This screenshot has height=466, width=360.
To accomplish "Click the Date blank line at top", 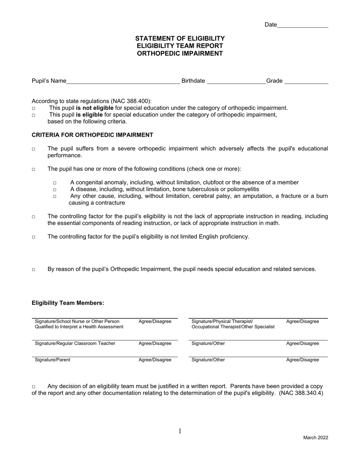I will pos(303,25).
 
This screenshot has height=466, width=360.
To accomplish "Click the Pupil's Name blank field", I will pos(123,81).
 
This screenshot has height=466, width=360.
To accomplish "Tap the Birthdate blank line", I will pos(236,81).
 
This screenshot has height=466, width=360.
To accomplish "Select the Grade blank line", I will pos(306,81).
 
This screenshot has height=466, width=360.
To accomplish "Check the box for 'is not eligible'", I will pos(33,108).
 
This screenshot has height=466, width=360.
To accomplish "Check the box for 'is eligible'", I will pos(33,115).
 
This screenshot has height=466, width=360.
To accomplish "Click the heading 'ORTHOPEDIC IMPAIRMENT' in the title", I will pos(180,53).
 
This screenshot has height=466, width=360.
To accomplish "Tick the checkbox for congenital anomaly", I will pos(55,183).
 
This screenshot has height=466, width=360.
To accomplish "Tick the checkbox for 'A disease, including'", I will pos(55,190).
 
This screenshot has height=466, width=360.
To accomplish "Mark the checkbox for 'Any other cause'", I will pos(55,197).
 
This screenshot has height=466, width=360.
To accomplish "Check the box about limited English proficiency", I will pos(33,237).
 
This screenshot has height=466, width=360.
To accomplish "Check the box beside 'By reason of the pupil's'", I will pos(33,270).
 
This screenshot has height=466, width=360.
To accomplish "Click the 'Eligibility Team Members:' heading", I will pos(68,303).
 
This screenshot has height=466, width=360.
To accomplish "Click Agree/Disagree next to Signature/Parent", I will pos(155,360).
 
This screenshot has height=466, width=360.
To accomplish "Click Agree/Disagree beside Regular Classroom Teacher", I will pos(155,344).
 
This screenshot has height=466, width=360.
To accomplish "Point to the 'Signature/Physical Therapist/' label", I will pos(222,322).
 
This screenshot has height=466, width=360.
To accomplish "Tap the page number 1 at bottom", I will pos(180,431).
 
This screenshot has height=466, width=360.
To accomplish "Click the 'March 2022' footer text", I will pos(315,438).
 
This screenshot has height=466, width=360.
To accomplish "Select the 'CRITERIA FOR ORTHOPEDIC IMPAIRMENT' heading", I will pos(92,135).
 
